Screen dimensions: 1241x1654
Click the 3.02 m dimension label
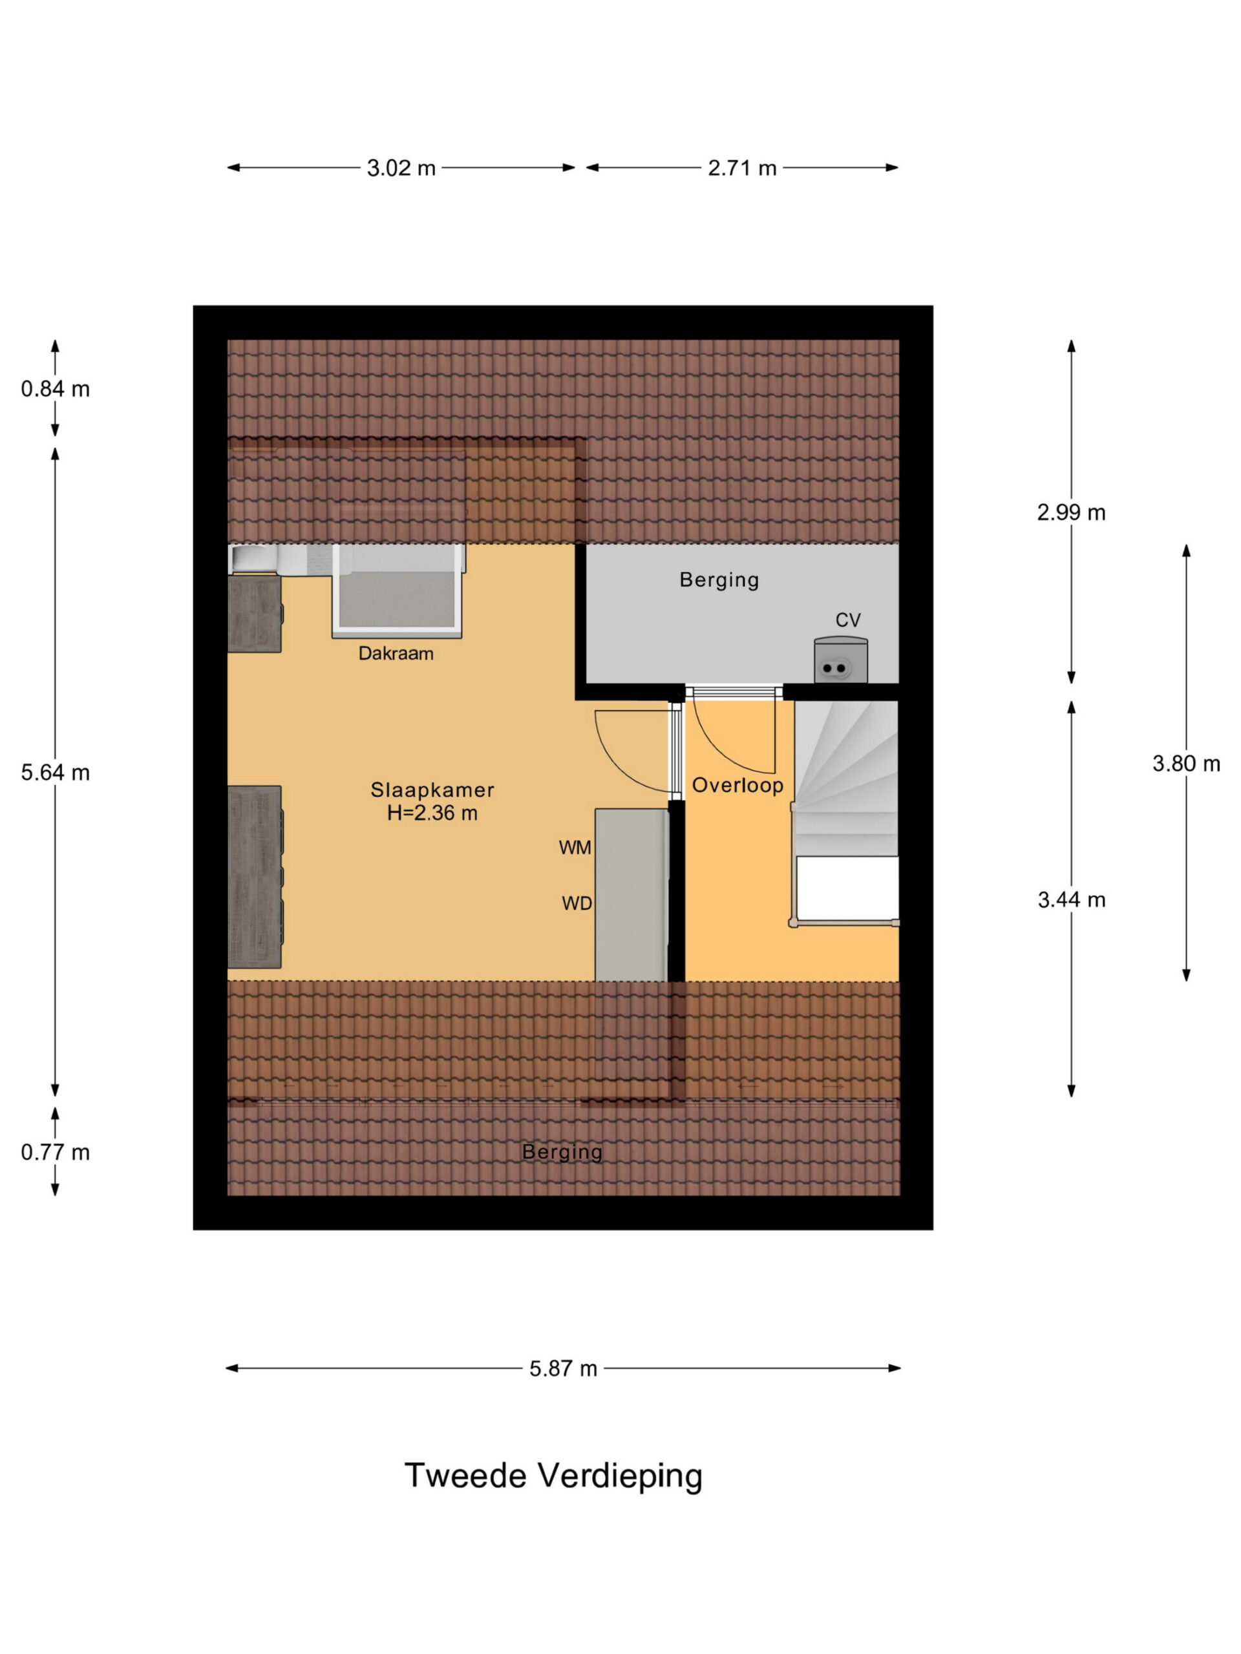coord(400,168)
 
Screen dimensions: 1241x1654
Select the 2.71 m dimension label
coord(742,168)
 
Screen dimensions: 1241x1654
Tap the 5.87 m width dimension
coord(562,1368)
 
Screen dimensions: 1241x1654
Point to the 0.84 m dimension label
coord(56,389)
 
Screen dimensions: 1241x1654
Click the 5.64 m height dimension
coord(56,773)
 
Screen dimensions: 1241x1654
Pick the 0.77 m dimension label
coord(56,1152)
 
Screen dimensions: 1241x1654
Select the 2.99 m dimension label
coord(1070,512)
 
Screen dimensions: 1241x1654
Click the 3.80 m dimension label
coord(1185,764)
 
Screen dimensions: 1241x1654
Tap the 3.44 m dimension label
coord(1070,899)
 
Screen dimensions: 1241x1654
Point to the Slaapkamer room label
coord(432,790)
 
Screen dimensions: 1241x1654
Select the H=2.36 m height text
coord(432,813)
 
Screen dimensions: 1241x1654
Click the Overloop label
coord(737,785)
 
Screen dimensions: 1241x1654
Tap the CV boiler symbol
coord(841,660)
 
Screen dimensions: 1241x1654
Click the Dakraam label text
coord(396,654)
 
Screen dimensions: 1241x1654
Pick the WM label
coord(575,847)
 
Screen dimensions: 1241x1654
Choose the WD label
coord(577,903)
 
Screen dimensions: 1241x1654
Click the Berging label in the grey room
coord(719,580)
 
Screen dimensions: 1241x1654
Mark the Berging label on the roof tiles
coord(562,1152)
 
